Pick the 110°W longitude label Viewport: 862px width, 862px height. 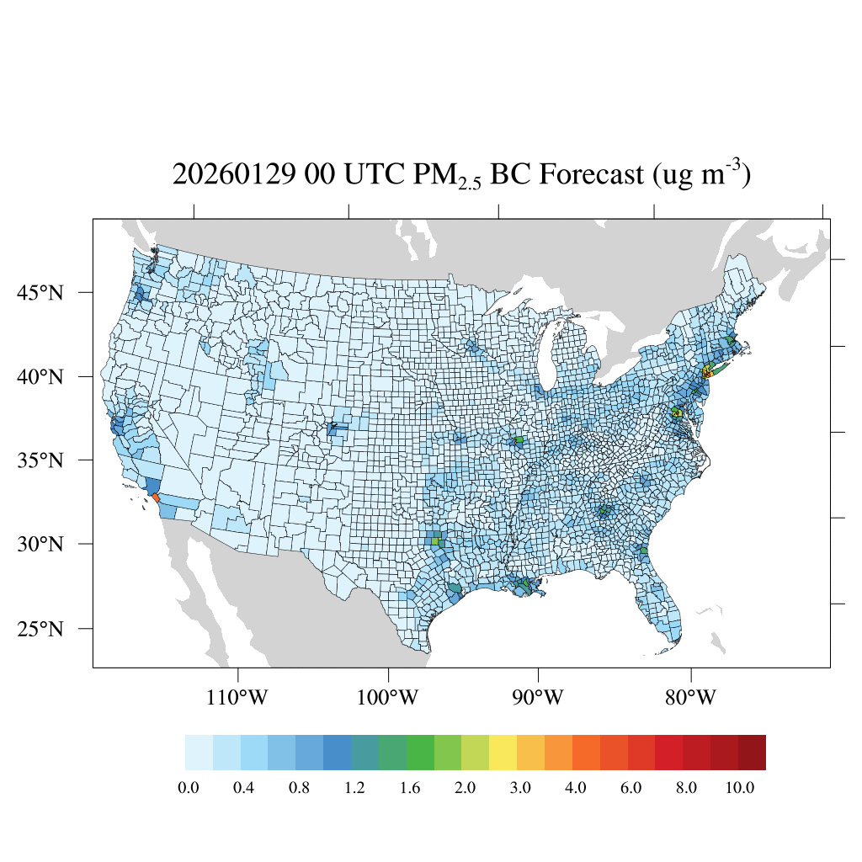[x=239, y=698]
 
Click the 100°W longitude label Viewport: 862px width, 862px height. [x=389, y=698]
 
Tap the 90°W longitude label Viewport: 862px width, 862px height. [x=538, y=698]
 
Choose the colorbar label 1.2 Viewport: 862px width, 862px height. [x=354, y=788]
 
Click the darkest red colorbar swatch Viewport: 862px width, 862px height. [x=752, y=753]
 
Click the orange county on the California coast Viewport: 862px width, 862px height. [x=156, y=498]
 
